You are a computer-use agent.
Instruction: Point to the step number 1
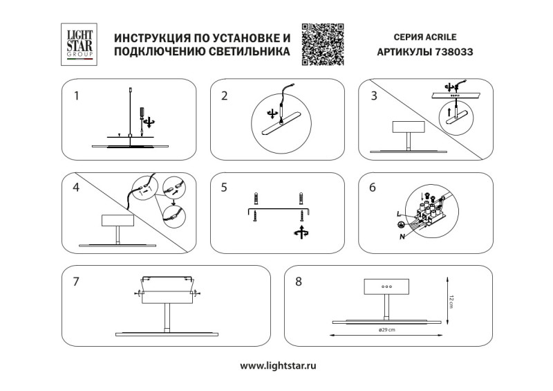77,96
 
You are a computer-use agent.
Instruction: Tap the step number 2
225,96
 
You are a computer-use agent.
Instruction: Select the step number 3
374,96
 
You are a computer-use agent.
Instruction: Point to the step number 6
374,187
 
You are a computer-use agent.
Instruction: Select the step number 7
77,282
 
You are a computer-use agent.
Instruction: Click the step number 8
299,282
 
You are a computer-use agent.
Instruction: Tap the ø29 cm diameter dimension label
386,329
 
